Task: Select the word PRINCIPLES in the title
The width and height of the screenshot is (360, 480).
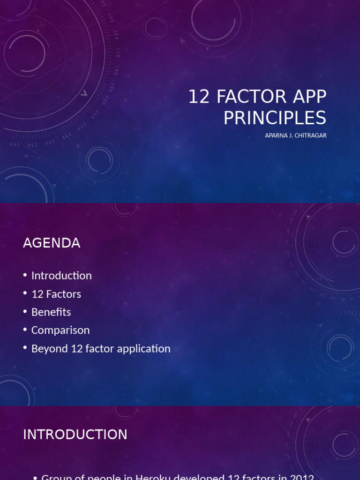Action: click(x=275, y=118)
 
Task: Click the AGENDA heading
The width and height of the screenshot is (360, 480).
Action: click(x=52, y=243)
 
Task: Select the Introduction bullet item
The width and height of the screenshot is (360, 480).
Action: click(x=61, y=276)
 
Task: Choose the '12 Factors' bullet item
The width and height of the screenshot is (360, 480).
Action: click(x=56, y=294)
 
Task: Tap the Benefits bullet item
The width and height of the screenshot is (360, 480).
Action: click(x=51, y=312)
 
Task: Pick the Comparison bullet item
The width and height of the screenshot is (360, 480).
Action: click(x=60, y=330)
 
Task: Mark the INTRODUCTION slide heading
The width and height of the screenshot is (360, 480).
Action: click(x=75, y=435)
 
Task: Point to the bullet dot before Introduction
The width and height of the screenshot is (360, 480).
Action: click(x=25, y=276)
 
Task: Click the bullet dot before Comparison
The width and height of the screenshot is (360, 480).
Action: click(x=25, y=331)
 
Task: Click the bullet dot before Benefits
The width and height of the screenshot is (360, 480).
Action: click(x=25, y=313)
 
